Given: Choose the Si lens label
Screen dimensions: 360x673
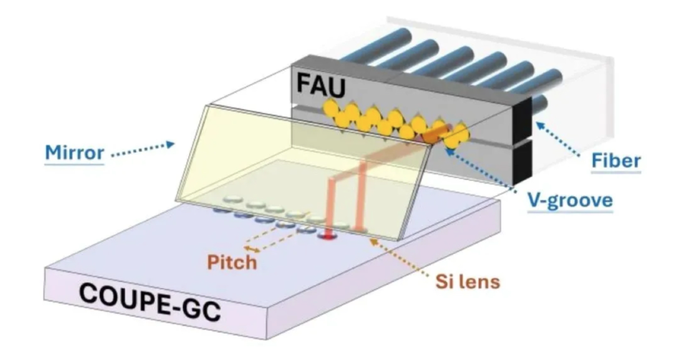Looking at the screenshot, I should pyautogui.click(x=467, y=282).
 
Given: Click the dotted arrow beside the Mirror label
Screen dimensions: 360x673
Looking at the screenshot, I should pyautogui.click(x=143, y=148).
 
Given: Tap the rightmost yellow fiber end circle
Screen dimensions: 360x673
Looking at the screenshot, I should pyautogui.click(x=459, y=134).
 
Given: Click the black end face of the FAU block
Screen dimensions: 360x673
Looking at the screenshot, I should pyautogui.click(x=522, y=143).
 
